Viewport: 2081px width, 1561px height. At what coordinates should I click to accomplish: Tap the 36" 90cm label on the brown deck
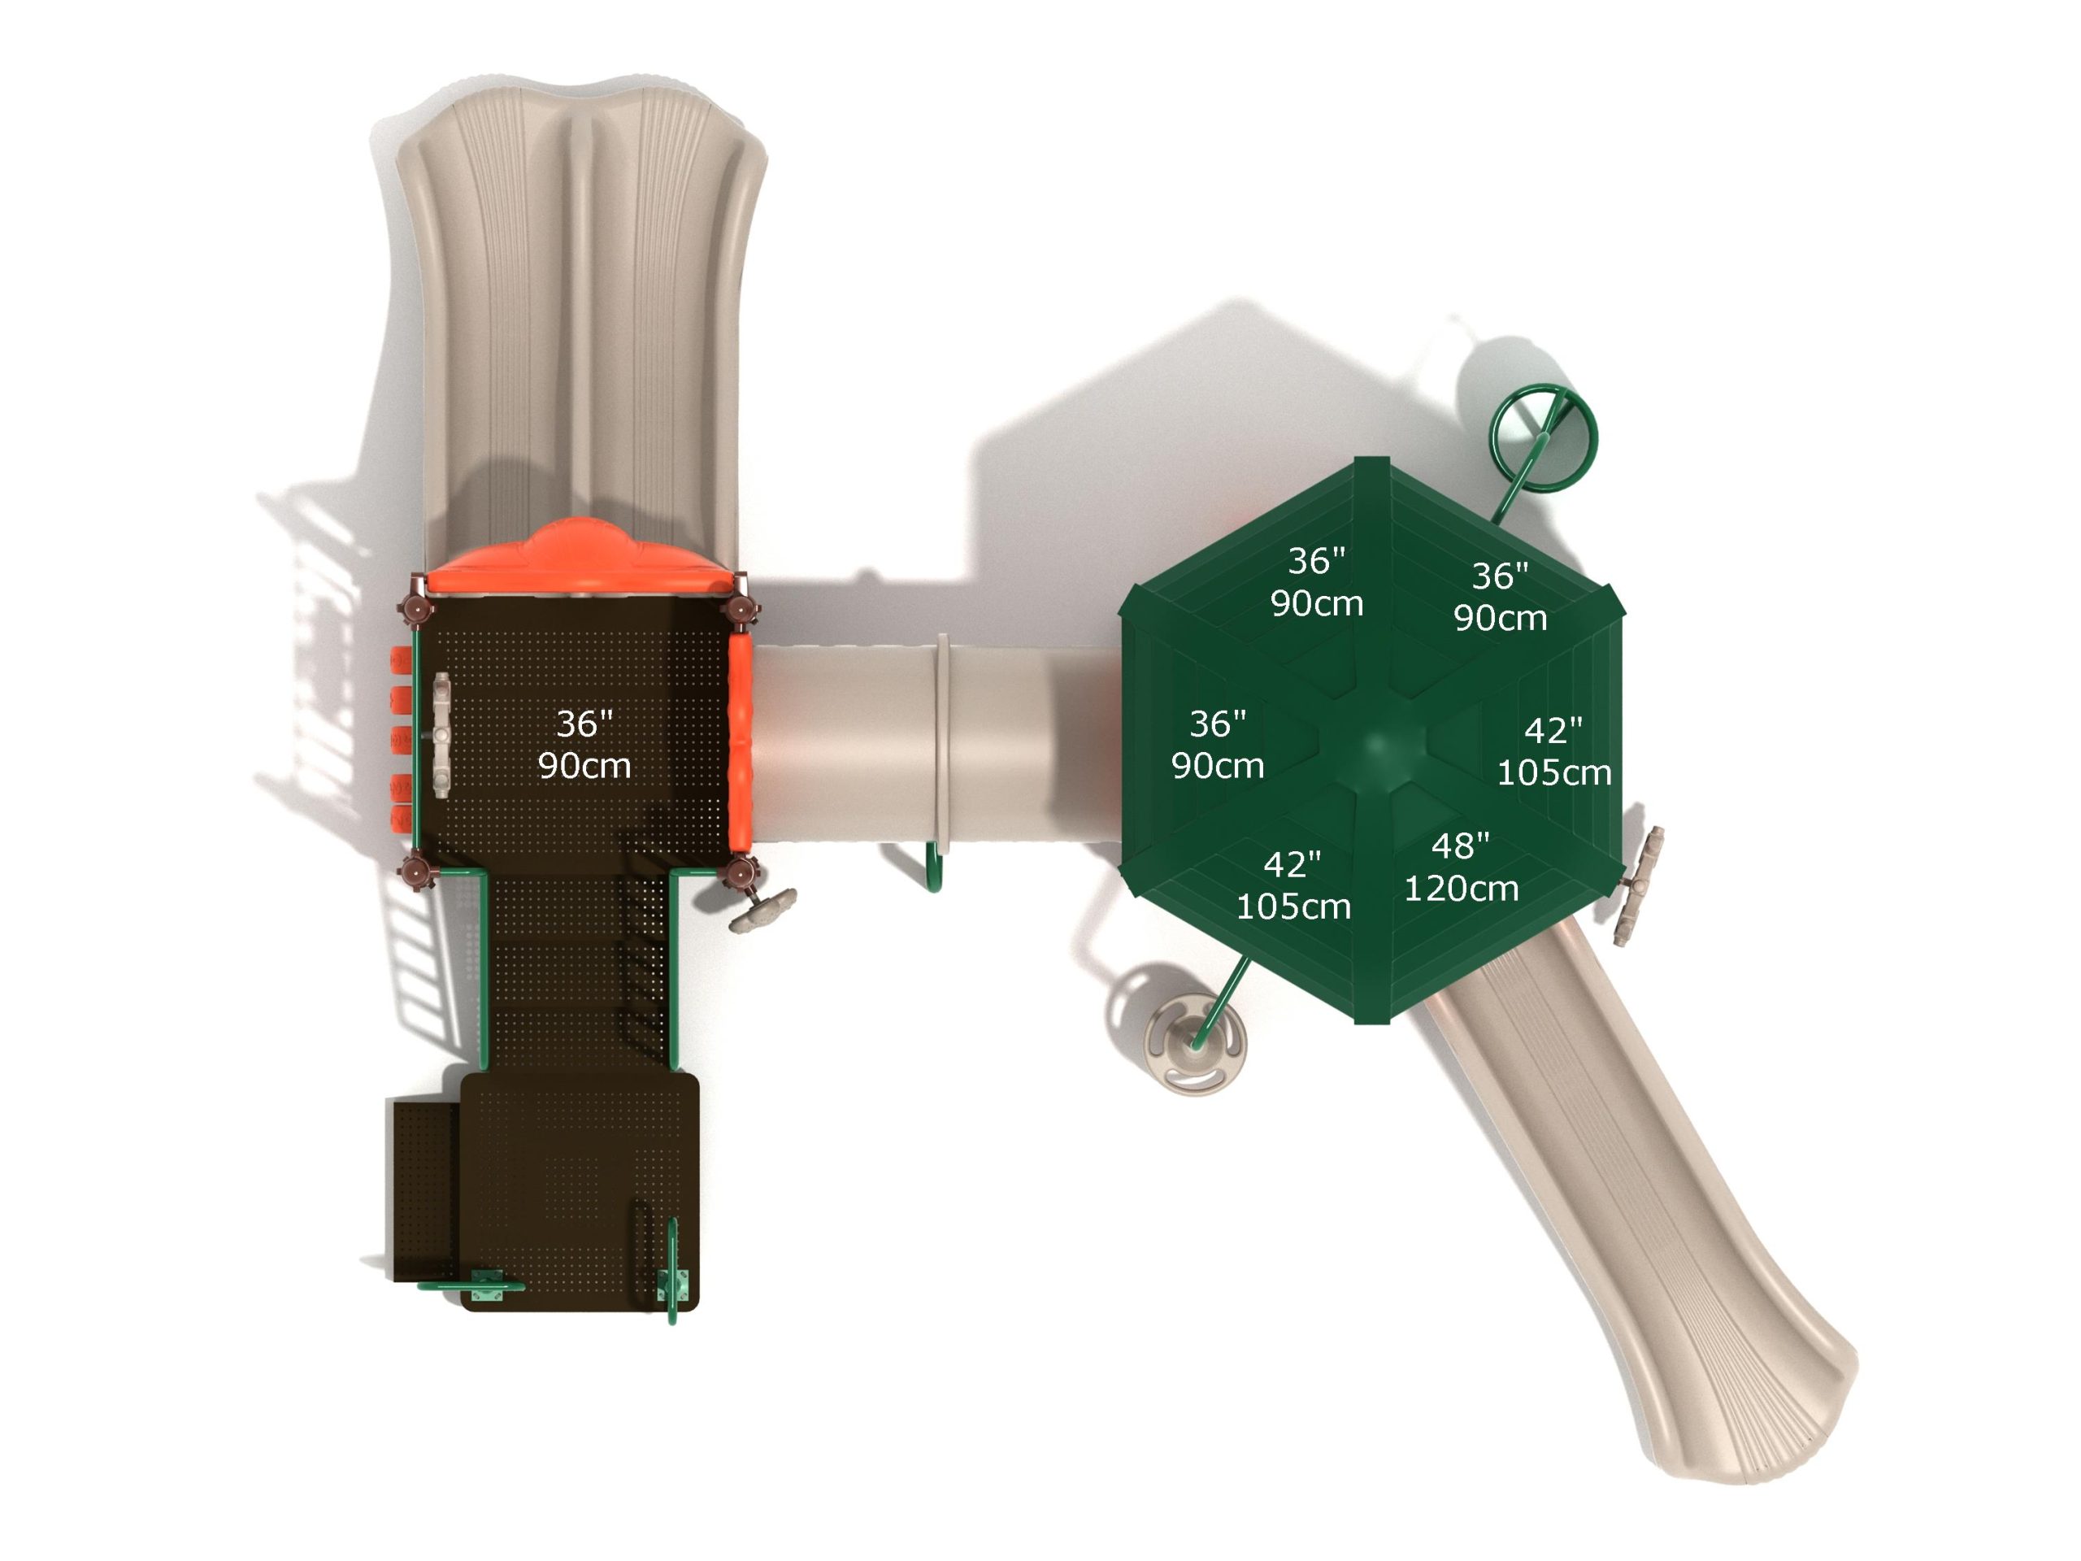(x=584, y=744)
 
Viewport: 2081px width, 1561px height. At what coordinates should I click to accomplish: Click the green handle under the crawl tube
(x=933, y=867)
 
